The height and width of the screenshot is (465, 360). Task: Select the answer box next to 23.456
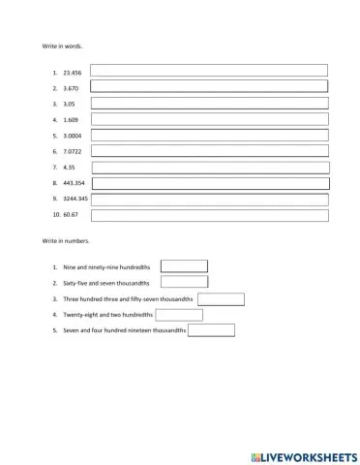point(209,71)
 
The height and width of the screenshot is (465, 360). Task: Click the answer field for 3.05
point(209,103)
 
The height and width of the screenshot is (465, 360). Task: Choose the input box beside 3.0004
point(209,135)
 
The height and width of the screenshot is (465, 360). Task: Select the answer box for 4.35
point(209,167)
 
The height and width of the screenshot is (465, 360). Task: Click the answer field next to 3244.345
point(209,199)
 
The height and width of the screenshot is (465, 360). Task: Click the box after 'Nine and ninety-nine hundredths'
point(184,266)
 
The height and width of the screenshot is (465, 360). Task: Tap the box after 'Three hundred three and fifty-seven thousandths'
point(221,298)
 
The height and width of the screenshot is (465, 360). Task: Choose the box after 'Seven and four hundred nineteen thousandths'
point(211,330)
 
